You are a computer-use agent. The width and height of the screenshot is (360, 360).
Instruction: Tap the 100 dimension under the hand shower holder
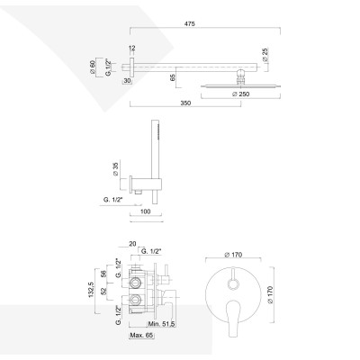click(x=145, y=212)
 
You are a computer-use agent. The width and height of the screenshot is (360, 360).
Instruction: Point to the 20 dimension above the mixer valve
click(x=131, y=243)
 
